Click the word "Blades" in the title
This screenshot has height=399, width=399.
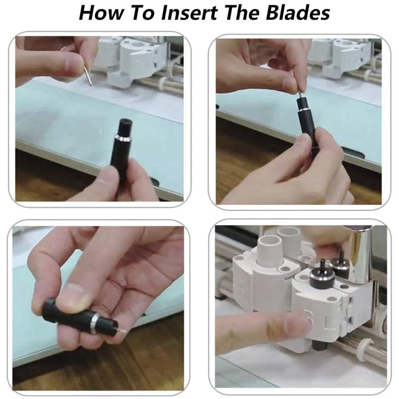298,13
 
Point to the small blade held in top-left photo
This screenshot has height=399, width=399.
88,76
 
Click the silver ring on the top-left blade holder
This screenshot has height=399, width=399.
123,139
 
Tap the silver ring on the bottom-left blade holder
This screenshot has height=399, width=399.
95,323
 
